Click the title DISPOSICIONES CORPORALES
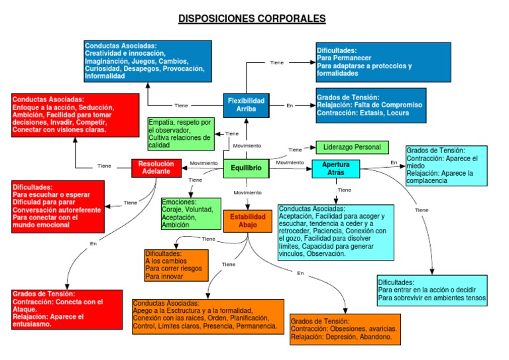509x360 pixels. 252,18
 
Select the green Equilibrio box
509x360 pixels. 246,168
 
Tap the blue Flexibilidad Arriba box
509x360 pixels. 246,105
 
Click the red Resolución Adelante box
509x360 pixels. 156,168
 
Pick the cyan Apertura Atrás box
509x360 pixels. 335,168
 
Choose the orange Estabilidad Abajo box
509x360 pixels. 247,221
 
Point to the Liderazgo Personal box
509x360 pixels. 352,147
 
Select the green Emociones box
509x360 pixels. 191,213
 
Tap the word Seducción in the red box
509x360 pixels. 97,107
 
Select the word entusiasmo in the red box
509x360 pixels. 34,324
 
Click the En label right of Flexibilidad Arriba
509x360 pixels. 290,105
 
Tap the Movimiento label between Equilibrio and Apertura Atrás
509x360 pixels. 290,163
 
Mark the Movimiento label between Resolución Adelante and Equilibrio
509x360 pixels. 203,163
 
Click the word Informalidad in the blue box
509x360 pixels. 105,76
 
